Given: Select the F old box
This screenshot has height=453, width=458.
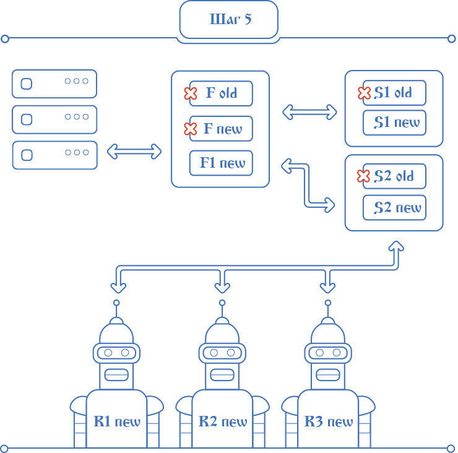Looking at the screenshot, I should [222, 93].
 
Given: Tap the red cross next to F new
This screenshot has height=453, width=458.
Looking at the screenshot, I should [191, 129].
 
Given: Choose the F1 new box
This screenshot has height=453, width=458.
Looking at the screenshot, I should [222, 163].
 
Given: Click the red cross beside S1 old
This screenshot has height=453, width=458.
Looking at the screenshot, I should [364, 93].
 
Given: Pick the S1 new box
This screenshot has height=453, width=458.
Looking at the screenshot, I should [394, 123].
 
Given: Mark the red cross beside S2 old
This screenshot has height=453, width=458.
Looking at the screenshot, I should [363, 176].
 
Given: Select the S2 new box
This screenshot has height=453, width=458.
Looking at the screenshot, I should [394, 207].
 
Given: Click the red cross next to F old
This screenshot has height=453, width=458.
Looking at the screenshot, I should [191, 93].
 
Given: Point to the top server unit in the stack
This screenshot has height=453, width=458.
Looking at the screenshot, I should [54, 84].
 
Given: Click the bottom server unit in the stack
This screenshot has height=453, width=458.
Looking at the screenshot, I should [54, 155].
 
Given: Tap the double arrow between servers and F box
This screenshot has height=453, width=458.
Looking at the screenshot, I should [134, 152].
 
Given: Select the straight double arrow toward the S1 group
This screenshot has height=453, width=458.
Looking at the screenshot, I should [309, 112].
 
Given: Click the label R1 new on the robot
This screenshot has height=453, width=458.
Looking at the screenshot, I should [117, 422].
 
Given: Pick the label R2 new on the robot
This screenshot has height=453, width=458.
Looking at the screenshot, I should [223, 422].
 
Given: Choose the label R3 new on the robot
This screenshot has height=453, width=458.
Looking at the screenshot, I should [329, 422].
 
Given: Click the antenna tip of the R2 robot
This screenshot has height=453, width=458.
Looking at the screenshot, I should [222, 303].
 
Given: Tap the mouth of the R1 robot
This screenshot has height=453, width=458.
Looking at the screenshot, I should [116, 374].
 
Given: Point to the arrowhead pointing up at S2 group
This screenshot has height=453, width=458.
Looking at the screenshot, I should [396, 246].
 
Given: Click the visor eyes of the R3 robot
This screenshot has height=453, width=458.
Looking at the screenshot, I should [328, 353].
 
